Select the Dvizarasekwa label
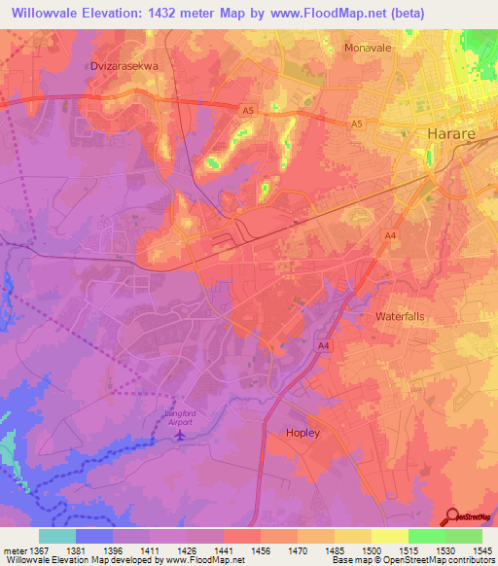pyautogui.click(x=124, y=66)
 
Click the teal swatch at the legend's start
pyautogui.click(x=57, y=536)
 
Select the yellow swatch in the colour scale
pyautogui.click(x=389, y=536)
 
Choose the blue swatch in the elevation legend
pyautogui.click(x=94, y=536)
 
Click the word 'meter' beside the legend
pyautogui.click(x=13, y=549)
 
